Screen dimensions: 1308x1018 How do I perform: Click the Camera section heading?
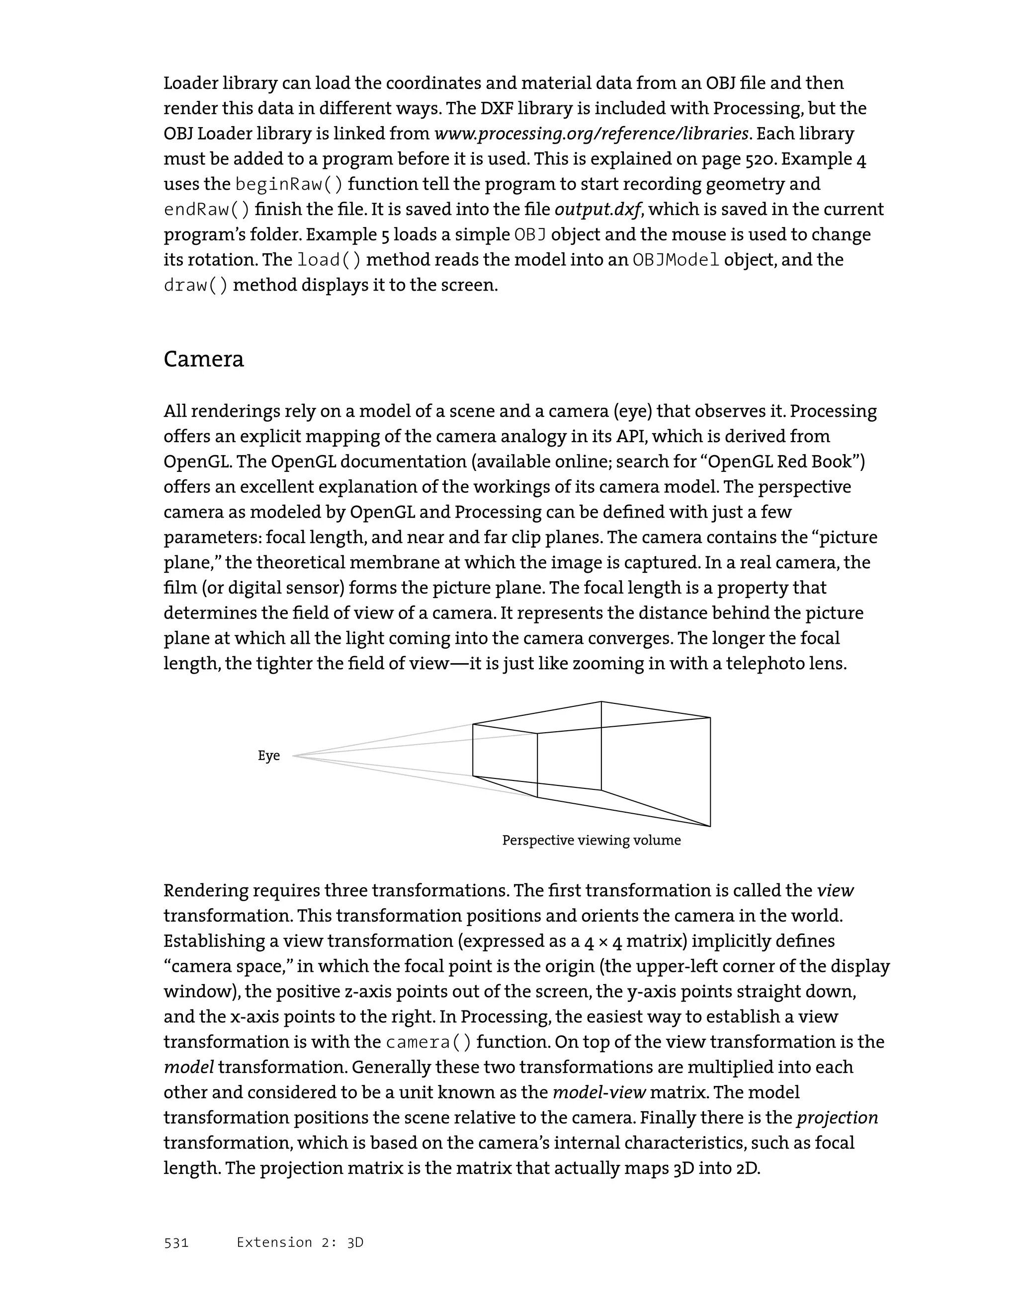pos(204,359)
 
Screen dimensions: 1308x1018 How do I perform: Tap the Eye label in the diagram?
pos(268,756)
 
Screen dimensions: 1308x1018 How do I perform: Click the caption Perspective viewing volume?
pos(591,840)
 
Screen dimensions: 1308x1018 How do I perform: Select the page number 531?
pos(176,1243)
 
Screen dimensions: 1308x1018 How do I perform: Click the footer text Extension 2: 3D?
pos(300,1243)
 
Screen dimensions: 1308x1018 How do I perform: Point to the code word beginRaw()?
pos(289,184)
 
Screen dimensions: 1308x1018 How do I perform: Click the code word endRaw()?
pos(206,210)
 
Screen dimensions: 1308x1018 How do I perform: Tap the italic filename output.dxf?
pos(597,210)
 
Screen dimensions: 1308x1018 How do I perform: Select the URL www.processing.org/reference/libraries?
pos(591,134)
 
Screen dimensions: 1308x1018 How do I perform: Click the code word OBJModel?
pos(676,260)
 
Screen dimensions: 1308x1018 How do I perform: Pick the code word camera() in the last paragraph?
pos(428,1043)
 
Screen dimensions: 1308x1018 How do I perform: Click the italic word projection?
pos(837,1118)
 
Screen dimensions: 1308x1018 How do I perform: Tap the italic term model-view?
pos(598,1093)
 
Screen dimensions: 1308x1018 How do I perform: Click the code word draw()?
pos(196,286)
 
